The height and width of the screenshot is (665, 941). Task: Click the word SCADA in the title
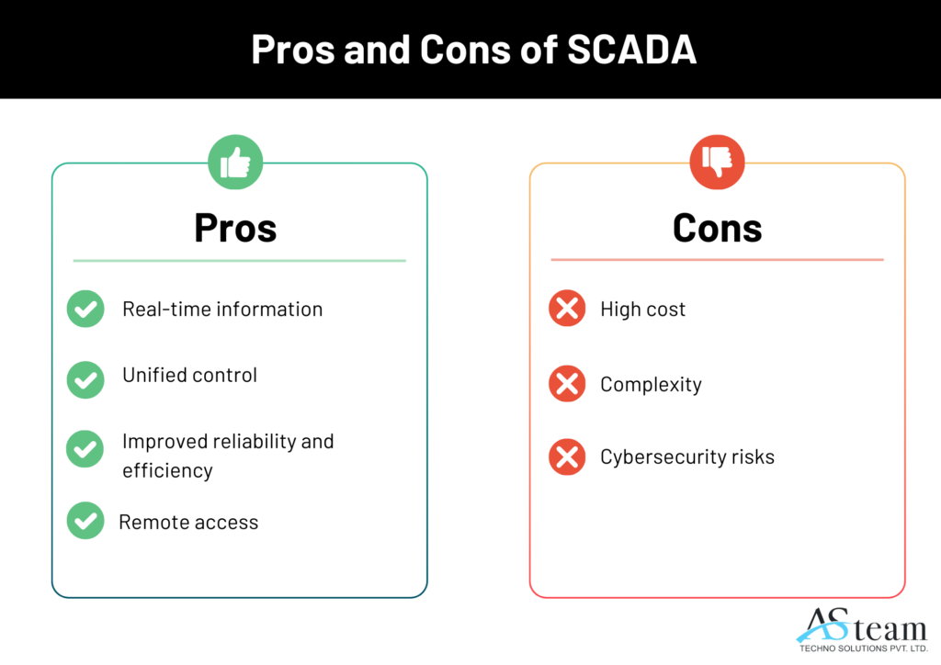click(631, 50)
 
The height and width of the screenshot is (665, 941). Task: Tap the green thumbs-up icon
click(235, 162)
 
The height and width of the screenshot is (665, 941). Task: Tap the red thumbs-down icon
click(717, 162)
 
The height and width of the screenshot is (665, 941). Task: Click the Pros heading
click(235, 228)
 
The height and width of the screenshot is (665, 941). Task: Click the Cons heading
click(717, 228)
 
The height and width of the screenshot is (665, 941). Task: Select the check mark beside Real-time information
click(85, 309)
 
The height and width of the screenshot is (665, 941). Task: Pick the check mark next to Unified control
click(85, 379)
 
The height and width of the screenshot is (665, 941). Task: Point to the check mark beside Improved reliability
click(85, 448)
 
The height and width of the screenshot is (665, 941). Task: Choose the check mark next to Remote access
click(85, 521)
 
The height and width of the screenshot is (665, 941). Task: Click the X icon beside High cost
click(567, 309)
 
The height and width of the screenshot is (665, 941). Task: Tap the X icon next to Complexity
click(567, 383)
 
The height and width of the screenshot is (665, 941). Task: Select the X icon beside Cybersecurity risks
click(567, 456)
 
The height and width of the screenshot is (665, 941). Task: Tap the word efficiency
click(167, 470)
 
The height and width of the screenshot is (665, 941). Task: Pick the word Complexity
click(652, 385)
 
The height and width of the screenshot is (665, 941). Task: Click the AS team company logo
click(862, 629)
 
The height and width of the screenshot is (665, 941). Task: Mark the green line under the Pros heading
click(240, 261)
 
